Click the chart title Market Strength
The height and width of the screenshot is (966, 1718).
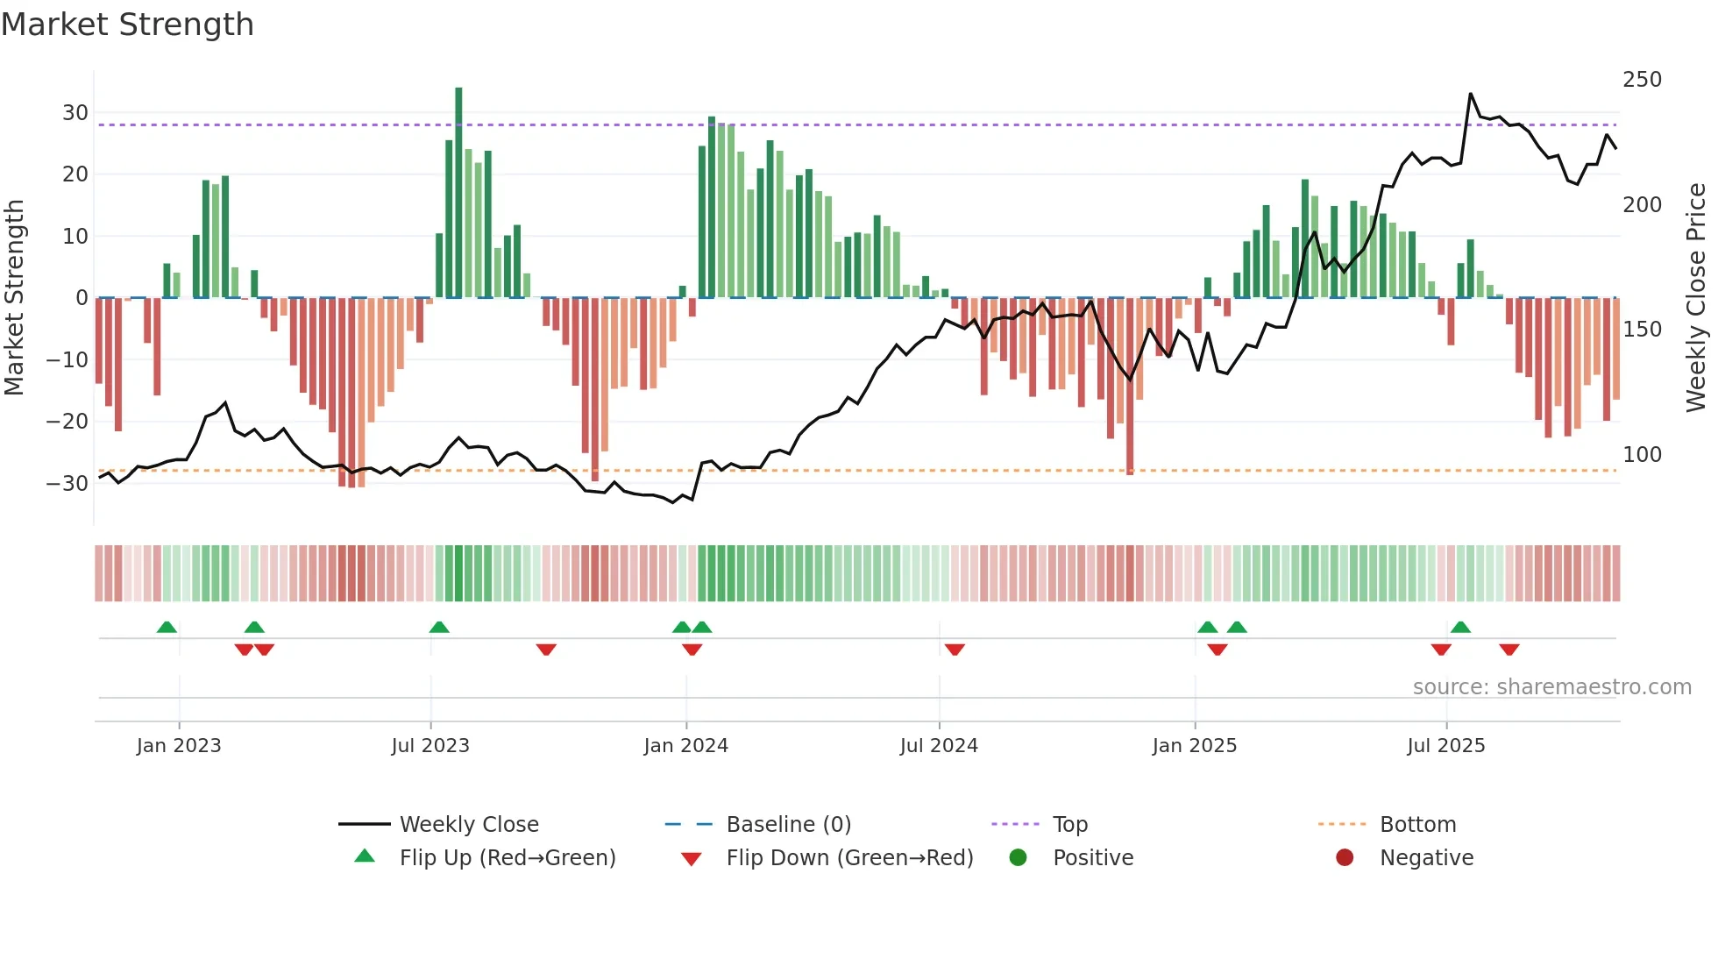(128, 25)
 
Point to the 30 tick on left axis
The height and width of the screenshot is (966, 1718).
(75, 113)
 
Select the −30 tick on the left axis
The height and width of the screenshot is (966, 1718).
(67, 483)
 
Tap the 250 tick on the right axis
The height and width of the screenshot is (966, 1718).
(1642, 80)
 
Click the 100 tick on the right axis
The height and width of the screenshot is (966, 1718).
(1642, 455)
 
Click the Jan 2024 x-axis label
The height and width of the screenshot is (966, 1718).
(685, 746)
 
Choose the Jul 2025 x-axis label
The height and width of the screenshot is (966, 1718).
(1445, 746)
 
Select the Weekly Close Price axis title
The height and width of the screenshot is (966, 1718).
(1696, 298)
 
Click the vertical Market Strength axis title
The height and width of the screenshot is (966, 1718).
(15, 298)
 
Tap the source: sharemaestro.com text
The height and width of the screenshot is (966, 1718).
(1551, 687)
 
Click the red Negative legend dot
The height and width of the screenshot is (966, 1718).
(1345, 857)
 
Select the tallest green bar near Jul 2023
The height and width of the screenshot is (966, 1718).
(458, 193)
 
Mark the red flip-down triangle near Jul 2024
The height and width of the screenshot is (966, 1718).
(955, 650)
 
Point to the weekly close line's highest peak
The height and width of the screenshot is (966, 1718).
(1471, 94)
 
